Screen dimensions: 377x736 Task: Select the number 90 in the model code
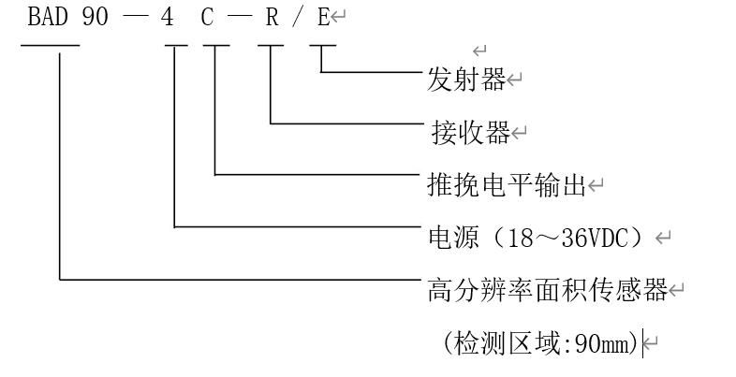[96, 19]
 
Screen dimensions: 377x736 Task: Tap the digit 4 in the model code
[168, 19]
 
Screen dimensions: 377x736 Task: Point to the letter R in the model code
[272, 19]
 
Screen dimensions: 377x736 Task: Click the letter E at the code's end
[322, 19]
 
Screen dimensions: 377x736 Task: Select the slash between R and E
[298, 19]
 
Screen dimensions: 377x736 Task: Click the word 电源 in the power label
[449, 238]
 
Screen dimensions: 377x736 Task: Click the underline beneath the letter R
[272, 46]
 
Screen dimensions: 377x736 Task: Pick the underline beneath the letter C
[215, 46]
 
